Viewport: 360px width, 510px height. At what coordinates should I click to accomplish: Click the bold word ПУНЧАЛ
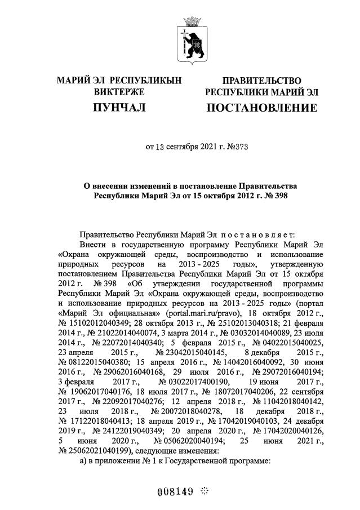pos(119,107)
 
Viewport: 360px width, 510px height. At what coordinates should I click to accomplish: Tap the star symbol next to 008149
pos(204,491)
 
